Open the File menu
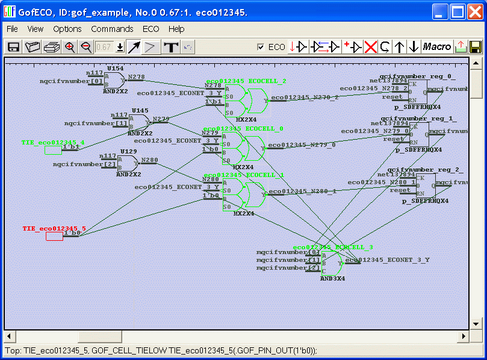tap(12, 29)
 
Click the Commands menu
tap(112, 29)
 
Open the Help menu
tap(176, 29)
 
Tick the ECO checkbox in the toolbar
tap(261, 47)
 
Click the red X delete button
tap(370, 47)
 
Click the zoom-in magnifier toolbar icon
tap(70, 47)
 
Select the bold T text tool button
tap(172, 47)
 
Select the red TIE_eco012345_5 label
tap(54, 229)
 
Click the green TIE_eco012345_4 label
tap(53, 143)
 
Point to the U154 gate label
tap(115, 69)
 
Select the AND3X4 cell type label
tap(332, 279)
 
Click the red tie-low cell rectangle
tap(54, 237)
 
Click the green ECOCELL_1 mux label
tap(244, 175)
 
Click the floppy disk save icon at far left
tap(13, 47)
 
